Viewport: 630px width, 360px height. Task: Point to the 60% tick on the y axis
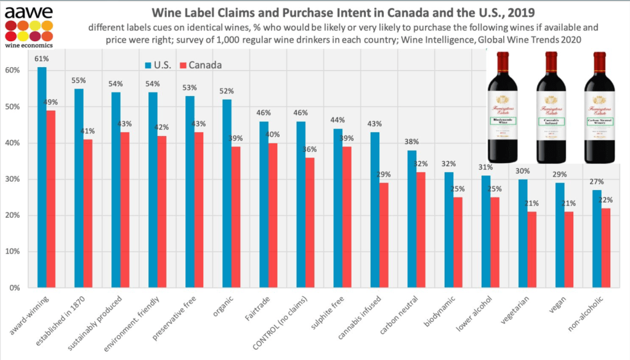pos(14,70)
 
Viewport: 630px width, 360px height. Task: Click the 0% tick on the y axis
pos(15,288)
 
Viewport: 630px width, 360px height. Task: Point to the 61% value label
pos(42,59)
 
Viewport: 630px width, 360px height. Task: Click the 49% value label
pos(52,103)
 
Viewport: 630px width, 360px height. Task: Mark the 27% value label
pos(597,182)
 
